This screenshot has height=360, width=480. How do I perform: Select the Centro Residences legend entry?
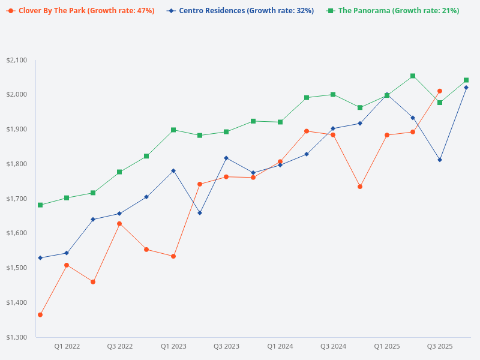[x=241, y=11]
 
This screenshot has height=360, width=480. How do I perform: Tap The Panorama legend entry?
[x=394, y=11]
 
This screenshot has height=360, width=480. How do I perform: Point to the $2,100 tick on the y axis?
[x=17, y=60]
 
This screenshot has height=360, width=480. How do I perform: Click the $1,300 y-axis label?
[x=17, y=337]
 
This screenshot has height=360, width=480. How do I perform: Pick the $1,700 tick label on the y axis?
[x=17, y=199]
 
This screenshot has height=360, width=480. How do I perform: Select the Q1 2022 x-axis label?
[x=67, y=347]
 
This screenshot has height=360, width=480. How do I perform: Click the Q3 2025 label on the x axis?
[x=440, y=347]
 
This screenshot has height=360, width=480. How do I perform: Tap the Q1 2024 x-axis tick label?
[x=280, y=347]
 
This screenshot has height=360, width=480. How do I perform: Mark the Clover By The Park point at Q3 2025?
[x=440, y=91]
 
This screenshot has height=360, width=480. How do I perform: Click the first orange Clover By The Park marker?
[x=40, y=315]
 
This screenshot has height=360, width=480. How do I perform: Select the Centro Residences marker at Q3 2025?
[x=440, y=160]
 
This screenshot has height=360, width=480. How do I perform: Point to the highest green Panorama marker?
[x=413, y=76]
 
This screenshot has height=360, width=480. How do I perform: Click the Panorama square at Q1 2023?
[x=173, y=130]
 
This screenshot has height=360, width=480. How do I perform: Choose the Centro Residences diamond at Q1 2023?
[x=173, y=170]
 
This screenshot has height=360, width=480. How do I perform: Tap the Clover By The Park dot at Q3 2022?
[x=119, y=224]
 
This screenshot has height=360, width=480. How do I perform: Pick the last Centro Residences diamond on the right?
[x=466, y=88]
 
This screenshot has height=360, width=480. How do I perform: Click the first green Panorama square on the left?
[x=40, y=205]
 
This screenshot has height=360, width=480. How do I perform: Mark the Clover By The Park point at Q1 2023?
[x=173, y=256]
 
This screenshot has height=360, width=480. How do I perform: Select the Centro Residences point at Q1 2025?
[x=386, y=94]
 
